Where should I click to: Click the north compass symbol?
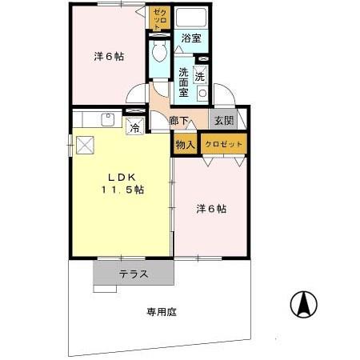click(x=304, y=305)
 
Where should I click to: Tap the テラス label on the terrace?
click(x=134, y=274)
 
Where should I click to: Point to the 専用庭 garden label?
click(x=161, y=311)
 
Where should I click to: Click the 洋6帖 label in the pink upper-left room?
click(x=108, y=57)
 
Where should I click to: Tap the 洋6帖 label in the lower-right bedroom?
click(x=211, y=209)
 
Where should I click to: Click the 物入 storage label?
click(x=185, y=144)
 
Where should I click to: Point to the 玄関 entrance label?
click(x=222, y=121)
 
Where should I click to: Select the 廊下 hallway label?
click(x=180, y=122)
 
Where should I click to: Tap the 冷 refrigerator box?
click(x=135, y=126)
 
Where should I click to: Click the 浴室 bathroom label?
click(x=190, y=38)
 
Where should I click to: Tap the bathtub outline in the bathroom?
click(x=191, y=18)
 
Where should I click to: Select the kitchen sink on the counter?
click(x=107, y=120)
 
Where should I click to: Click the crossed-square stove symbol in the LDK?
click(x=84, y=145)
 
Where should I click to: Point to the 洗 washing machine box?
click(x=201, y=77)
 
